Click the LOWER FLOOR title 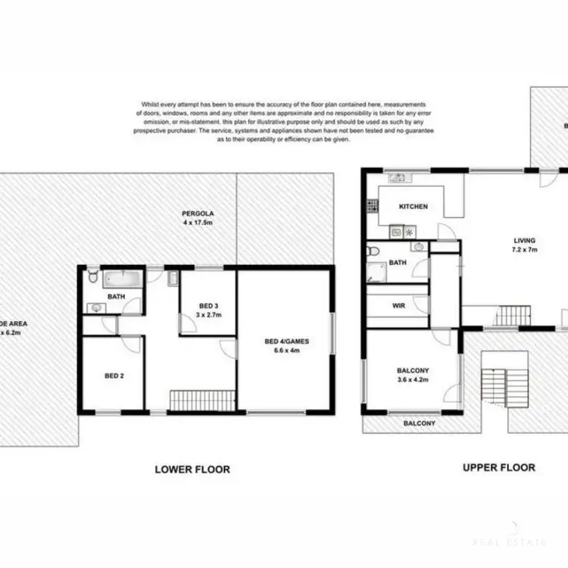coord(192,470)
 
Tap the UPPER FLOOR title coord(499,468)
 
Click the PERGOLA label coord(194,212)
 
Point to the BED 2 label coord(114,375)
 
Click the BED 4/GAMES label coord(286,342)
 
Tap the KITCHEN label coord(414,206)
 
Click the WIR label coord(398,307)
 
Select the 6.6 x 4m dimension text coord(286,351)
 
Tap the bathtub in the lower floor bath coord(123,279)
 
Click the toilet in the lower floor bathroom coord(92,277)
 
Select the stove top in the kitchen coord(371,204)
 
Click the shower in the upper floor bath coord(376,268)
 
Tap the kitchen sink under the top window coord(397,178)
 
